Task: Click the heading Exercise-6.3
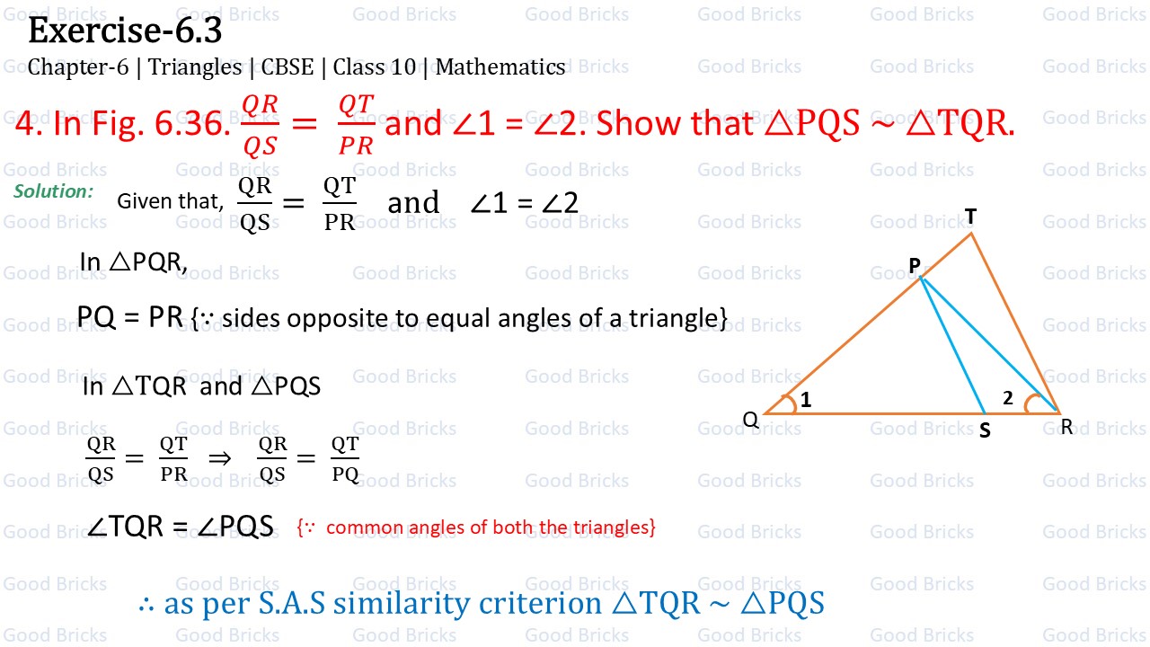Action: pos(125,32)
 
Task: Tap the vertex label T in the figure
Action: pos(970,217)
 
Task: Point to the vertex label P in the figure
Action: pos(914,265)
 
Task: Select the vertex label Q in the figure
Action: pos(750,420)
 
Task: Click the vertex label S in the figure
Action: pos(985,431)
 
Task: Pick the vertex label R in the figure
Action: pos(1066,428)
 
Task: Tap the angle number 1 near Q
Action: pos(806,401)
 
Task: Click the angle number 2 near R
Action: pos(1008,398)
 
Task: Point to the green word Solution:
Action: pos(54,191)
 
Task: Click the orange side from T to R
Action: pos(1015,323)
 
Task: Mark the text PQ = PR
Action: pos(130,317)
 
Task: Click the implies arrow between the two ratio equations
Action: pos(219,458)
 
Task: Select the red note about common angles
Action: pos(476,527)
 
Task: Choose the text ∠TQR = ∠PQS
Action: pos(180,527)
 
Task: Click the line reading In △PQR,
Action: pos(133,261)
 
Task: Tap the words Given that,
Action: pos(170,202)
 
